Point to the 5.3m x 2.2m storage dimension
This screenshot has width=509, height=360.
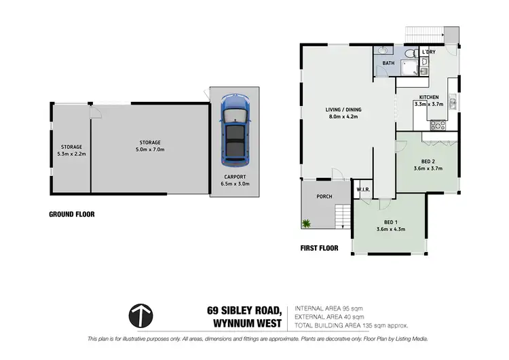(71, 154)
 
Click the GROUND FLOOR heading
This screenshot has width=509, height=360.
(71, 214)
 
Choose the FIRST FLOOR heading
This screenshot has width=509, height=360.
(319, 249)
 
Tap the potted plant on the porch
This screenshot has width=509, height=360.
(306, 223)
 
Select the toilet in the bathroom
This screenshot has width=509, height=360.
(409, 54)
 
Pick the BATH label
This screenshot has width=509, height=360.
(388, 63)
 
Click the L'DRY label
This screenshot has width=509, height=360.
(428, 52)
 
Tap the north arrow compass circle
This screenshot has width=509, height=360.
(140, 316)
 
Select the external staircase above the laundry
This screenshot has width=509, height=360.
(424, 33)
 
